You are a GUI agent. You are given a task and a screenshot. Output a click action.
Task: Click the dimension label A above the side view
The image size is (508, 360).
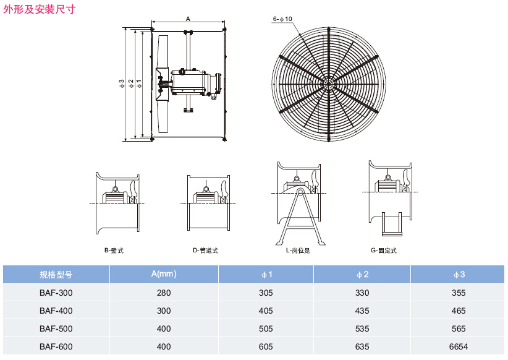point(187,19)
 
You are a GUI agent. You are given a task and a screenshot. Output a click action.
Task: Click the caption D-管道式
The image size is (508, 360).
point(206,251)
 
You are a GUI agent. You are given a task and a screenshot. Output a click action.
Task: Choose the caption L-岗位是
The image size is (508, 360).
point(297,251)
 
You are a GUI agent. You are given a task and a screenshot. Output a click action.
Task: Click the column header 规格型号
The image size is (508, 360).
point(56,274)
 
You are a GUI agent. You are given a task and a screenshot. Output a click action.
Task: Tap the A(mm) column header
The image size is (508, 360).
point(164,274)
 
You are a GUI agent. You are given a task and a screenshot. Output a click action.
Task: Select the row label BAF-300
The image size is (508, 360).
point(56,293)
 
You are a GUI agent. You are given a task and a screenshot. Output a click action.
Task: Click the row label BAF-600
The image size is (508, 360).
point(56,346)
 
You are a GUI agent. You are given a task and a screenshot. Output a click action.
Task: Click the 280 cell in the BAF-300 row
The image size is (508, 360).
point(164,293)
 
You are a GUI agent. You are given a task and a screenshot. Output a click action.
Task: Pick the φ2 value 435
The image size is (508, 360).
point(362,311)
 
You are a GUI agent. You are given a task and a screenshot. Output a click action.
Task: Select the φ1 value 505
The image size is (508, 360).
point(266,328)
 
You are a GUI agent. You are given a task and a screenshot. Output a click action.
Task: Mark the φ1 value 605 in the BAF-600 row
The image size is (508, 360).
point(266,346)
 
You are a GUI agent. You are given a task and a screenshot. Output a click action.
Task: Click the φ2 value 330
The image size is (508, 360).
point(362,293)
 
